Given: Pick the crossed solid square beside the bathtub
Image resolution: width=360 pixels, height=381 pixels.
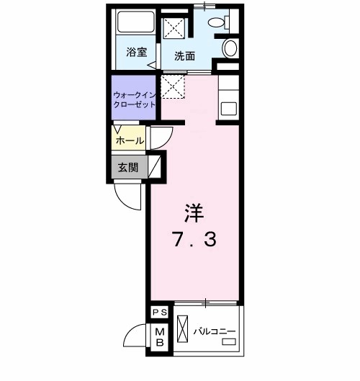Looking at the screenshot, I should click(175, 28).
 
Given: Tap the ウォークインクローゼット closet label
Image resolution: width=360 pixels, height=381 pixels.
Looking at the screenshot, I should click(134, 99).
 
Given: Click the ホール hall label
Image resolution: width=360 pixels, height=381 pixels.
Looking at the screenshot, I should click(130, 141).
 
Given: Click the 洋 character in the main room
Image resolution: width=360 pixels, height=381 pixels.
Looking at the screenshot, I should click(194, 212).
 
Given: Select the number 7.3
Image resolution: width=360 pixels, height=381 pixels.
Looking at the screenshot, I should click(194, 239).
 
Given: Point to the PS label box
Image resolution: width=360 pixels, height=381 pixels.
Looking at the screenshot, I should click(160, 312).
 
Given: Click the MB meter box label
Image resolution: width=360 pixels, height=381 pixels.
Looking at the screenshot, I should click(160, 336).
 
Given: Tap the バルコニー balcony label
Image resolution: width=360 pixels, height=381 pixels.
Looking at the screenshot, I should click(215, 331).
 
